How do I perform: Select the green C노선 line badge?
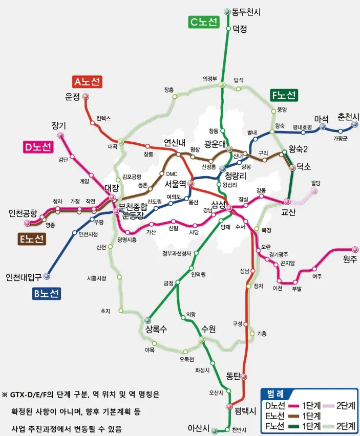tap(204, 22)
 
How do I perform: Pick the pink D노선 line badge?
tap(38, 147)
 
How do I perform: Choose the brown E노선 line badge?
tap(32, 238)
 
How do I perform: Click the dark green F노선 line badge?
tap(283, 95)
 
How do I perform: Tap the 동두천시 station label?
tap(246, 12)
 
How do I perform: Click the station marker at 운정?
tap(86, 96)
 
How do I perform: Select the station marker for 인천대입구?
tap(47, 276)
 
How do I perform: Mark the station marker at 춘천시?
tap(354, 124)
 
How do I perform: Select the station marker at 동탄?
tap(244, 377)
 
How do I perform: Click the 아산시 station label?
tap(199, 428)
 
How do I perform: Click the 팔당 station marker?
tap(314, 191)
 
